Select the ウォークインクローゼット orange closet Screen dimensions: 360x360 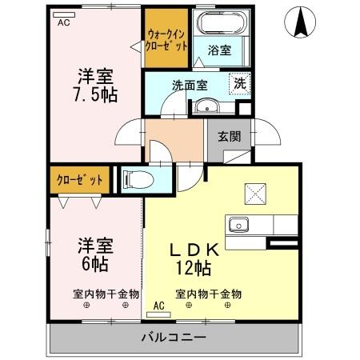pyautogui.click(x=166, y=40)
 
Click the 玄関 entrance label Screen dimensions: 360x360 pyautogui.click(x=230, y=136)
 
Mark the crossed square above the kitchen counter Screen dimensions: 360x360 pyautogui.click(x=256, y=193)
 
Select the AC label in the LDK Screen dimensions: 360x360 pyautogui.click(x=158, y=305)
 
